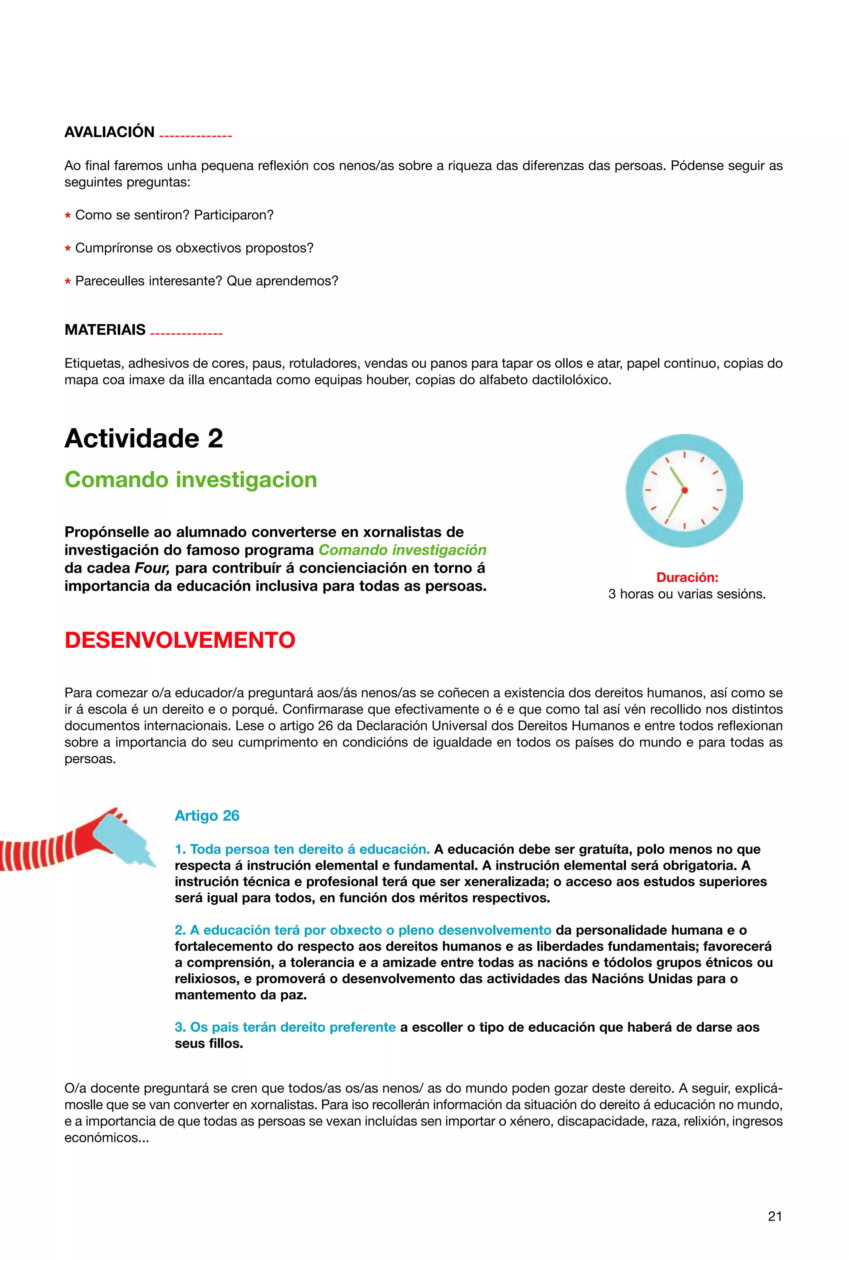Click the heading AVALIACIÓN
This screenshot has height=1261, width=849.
click(x=109, y=132)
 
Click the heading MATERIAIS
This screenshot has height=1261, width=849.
click(x=105, y=330)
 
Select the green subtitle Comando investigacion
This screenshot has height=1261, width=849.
click(x=191, y=480)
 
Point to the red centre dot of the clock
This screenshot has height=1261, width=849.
click(x=684, y=491)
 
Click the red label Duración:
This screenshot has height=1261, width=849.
click(x=687, y=577)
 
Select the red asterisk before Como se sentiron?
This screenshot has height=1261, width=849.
click(x=68, y=216)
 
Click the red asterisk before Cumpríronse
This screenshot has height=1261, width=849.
click(x=68, y=250)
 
